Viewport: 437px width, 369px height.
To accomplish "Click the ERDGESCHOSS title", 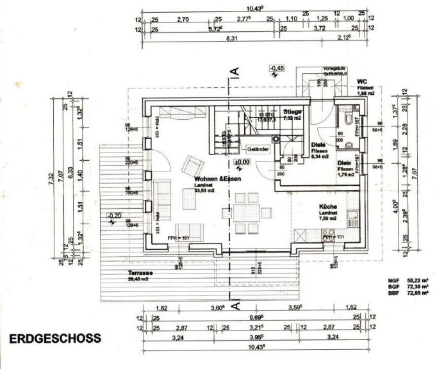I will pos(54,338).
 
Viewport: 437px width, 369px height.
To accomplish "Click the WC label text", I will pos(361,82).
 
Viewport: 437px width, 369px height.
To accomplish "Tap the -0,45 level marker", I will pos(277,68).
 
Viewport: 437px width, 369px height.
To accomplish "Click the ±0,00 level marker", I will pos(242,162).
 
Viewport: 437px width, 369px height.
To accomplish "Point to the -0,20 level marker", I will pos(115,215).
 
